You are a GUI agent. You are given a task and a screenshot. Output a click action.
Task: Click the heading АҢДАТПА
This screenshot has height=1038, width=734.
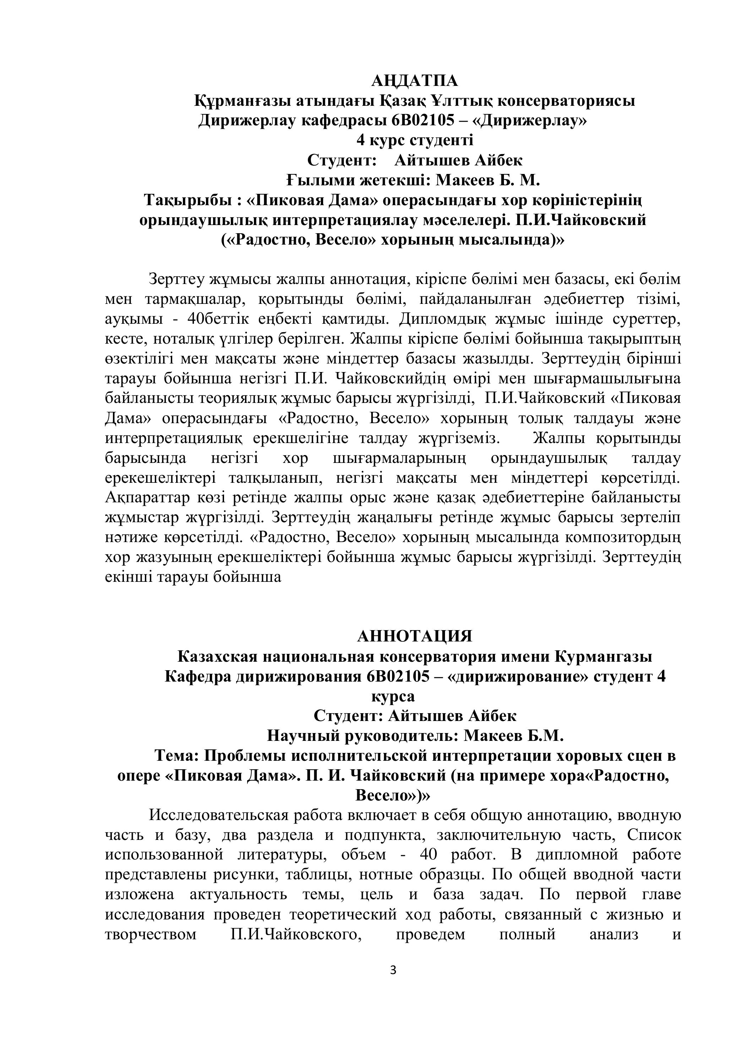tap(414, 81)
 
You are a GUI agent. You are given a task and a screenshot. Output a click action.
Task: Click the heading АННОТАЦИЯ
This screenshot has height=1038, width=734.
tap(414, 636)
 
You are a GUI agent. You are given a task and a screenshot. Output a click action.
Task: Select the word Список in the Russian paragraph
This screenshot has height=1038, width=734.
tap(653, 835)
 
